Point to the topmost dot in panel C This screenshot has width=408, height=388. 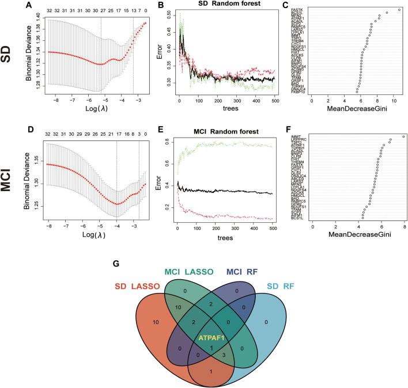click(399, 9)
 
